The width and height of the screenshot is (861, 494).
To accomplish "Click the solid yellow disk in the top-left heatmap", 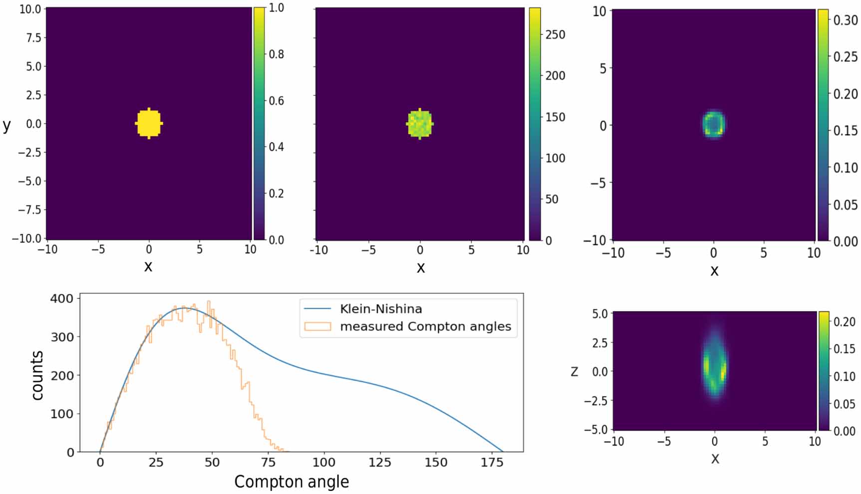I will coord(149,123).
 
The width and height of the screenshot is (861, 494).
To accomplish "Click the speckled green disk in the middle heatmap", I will coord(420,124).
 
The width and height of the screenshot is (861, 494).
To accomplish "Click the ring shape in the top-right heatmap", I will coord(714,124).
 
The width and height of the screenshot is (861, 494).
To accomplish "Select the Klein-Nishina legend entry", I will coord(380,309).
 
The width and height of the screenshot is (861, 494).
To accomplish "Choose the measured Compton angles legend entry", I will coord(425,326).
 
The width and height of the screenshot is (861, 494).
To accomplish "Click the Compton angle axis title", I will coord(291,482).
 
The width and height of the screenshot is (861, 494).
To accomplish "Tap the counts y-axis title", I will coord(37,375).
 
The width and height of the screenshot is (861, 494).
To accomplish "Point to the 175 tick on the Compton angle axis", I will coord(492,463).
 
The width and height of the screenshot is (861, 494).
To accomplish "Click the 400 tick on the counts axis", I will coord(62,298).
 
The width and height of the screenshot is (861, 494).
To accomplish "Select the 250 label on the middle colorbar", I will coord(555,35).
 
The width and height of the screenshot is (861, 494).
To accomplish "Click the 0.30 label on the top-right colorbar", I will coord(845,20).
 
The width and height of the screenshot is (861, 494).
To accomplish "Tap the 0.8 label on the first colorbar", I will coord(277,54).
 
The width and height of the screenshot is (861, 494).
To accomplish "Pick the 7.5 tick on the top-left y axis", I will coord(33,37).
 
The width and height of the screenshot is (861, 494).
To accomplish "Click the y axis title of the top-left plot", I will coord(6,125).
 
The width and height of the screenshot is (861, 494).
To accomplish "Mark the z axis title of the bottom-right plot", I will coord(574,371).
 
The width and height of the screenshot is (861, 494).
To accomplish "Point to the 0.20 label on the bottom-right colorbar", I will coord(845,322).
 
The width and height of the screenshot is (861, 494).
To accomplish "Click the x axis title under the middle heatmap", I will coord(420,268).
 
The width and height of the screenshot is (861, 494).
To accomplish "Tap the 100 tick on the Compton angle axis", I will coord(324,463).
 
